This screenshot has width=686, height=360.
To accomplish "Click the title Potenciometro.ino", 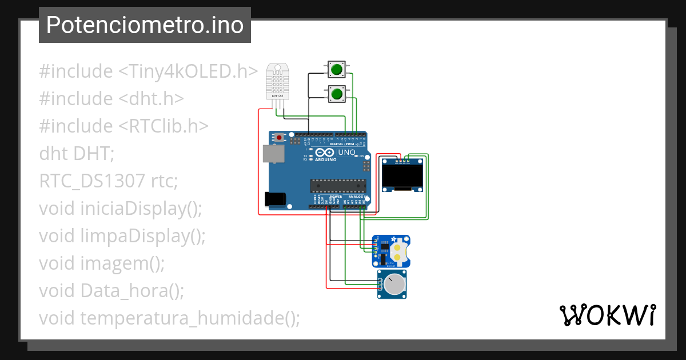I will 145,25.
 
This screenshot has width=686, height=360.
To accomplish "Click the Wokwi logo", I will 607,315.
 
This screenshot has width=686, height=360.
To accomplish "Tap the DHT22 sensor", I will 277,81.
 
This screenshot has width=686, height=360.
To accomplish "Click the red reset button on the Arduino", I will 279,138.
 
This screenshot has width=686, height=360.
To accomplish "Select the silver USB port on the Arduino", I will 273,154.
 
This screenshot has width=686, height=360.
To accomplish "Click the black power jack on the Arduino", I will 275,198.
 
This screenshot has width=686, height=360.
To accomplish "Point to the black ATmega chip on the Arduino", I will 337,185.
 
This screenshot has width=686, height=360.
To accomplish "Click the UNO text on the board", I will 347,153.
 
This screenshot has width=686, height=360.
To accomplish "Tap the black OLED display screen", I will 402,175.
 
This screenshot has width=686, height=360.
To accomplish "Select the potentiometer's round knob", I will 394,284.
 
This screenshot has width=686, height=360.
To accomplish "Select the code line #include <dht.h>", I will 111,99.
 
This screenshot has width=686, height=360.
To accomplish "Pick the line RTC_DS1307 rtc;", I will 109,181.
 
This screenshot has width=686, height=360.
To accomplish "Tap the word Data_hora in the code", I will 121,291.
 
